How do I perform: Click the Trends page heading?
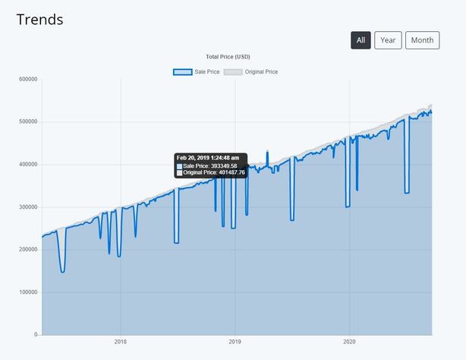40,20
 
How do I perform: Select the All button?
361,40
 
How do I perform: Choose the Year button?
388,40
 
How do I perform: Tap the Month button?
422,40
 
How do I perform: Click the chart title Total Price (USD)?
228,57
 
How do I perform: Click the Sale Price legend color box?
182,71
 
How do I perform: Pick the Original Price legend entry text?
260,71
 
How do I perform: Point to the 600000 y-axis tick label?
27,79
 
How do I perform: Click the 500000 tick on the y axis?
27,122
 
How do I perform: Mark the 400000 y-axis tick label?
27,164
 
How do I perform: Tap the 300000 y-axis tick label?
27,207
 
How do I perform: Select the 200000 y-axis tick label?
27,249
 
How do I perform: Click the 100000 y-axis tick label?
27,292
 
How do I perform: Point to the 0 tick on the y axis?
35,334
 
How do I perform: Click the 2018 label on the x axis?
120,342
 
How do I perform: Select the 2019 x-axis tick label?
235,342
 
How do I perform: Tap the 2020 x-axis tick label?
349,342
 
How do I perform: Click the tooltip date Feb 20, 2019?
208,158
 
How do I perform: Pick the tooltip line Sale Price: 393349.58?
210,166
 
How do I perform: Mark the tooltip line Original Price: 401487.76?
215,173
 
